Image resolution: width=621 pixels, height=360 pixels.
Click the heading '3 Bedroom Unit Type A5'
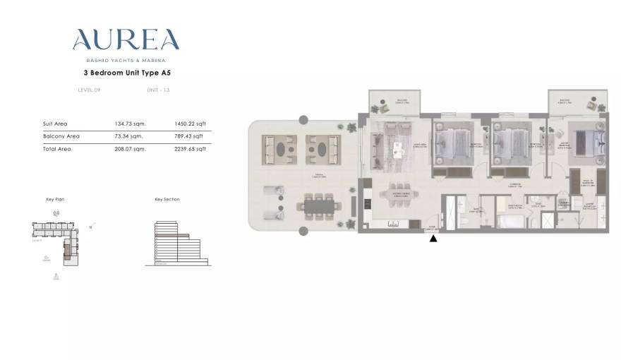tap(126, 72)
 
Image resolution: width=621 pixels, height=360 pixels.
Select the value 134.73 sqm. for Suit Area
tap(128, 124)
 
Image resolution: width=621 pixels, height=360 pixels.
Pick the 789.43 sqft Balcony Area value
tap(188, 136)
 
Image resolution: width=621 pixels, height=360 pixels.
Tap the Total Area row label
tap(56, 149)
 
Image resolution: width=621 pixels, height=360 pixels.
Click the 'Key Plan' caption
tap(54, 200)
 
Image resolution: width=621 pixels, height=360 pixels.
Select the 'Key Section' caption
tap(167, 200)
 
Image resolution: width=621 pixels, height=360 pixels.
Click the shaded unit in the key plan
tap(68, 248)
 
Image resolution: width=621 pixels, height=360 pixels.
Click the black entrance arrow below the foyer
tap(433, 239)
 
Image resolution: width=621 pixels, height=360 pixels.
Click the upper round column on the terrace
tap(303, 120)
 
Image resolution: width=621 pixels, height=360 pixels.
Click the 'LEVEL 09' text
tap(89, 90)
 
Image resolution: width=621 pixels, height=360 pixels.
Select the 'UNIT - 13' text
tap(158, 90)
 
